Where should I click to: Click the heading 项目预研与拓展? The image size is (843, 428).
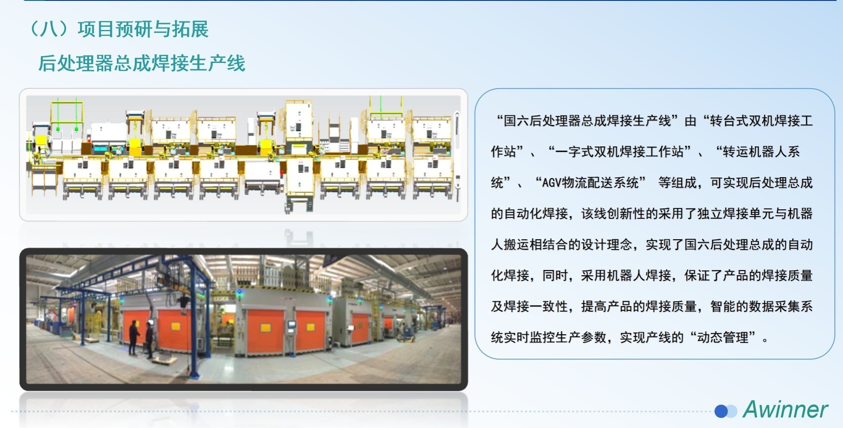(x=143, y=29)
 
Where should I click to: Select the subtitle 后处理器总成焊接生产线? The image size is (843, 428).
(x=142, y=63)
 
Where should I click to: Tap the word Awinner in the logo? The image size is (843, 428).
(x=785, y=409)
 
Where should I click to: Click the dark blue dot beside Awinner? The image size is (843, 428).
(x=721, y=411)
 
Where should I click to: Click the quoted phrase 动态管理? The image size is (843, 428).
(x=723, y=337)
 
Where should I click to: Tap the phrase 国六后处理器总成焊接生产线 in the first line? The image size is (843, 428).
(x=587, y=121)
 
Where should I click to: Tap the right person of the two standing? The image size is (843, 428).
(x=149, y=340)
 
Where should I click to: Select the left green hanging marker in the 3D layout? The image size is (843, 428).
(x=58, y=128)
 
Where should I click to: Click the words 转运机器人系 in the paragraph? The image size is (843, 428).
(x=761, y=152)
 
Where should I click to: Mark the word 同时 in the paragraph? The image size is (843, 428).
(x=555, y=276)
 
